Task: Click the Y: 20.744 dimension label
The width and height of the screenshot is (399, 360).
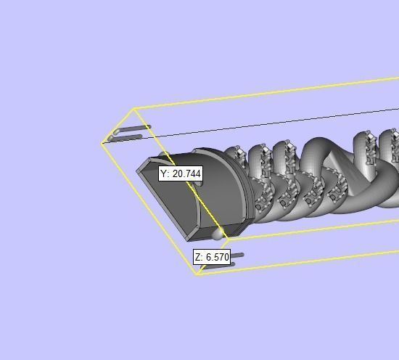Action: [181, 174]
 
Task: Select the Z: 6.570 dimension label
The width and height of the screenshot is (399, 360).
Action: [212, 257]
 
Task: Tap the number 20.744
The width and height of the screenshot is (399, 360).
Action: [186, 174]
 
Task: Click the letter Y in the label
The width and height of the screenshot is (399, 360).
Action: [164, 174]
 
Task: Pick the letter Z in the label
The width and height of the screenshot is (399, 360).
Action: [199, 257]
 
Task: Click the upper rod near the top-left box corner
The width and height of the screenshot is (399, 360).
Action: [131, 129]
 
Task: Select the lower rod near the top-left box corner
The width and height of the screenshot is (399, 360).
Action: [126, 137]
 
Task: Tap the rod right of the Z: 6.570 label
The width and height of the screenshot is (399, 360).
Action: [237, 255]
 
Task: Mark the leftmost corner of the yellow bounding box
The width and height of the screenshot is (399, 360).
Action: [102, 143]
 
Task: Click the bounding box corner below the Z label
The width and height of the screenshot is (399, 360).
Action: [197, 274]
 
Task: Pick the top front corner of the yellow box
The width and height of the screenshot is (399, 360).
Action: [134, 109]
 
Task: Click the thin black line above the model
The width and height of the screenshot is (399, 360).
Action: [290, 122]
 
